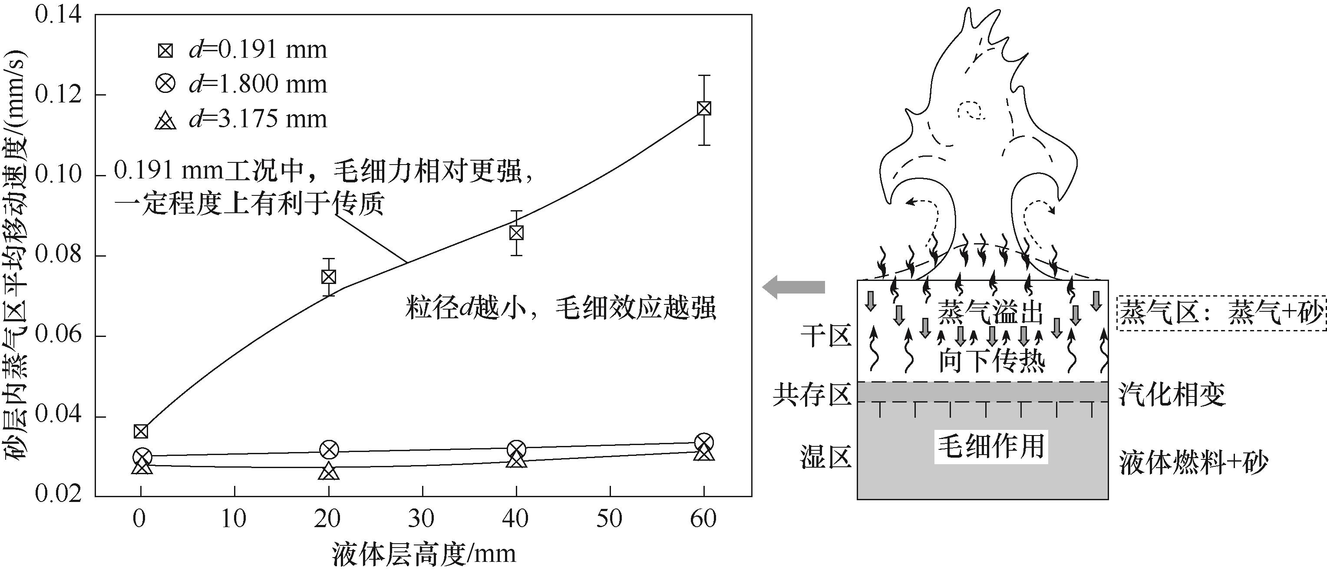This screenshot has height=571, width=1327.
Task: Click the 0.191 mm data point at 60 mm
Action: click(704, 108)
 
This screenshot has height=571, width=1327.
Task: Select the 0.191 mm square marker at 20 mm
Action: click(329, 277)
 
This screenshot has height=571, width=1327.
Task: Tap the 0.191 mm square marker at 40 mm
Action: click(516, 233)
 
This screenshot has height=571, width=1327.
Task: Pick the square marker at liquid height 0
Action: click(141, 431)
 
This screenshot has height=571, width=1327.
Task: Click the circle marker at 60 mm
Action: click(704, 442)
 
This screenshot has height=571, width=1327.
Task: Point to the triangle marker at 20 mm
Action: click(329, 471)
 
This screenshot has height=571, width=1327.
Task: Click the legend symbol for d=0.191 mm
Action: click(166, 50)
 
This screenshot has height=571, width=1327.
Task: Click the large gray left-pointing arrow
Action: click(793, 287)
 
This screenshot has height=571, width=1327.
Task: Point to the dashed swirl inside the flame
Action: click(971, 111)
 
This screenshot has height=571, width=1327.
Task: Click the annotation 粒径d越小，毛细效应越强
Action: click(561, 309)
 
